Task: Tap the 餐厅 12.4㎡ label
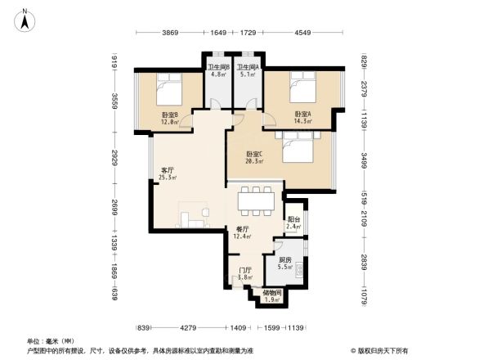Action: point(242,232)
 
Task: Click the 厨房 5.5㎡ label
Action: point(284,263)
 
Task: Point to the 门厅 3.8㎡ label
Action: point(244,274)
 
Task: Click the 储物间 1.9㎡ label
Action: point(271,296)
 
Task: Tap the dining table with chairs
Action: point(255,200)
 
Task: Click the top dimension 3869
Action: point(169,33)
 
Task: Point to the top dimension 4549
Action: point(302,33)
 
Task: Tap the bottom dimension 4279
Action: point(190,328)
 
